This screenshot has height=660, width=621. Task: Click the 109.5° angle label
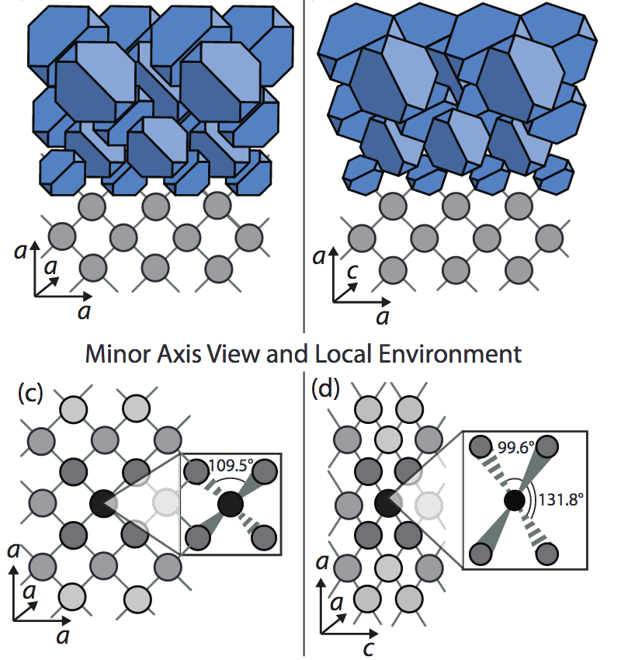(x=227, y=468)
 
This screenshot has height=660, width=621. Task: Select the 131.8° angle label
(x=557, y=498)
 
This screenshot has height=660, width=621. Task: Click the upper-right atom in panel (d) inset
(x=547, y=446)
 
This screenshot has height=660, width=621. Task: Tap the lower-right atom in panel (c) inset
(x=264, y=536)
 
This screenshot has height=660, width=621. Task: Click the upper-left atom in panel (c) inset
(x=194, y=471)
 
